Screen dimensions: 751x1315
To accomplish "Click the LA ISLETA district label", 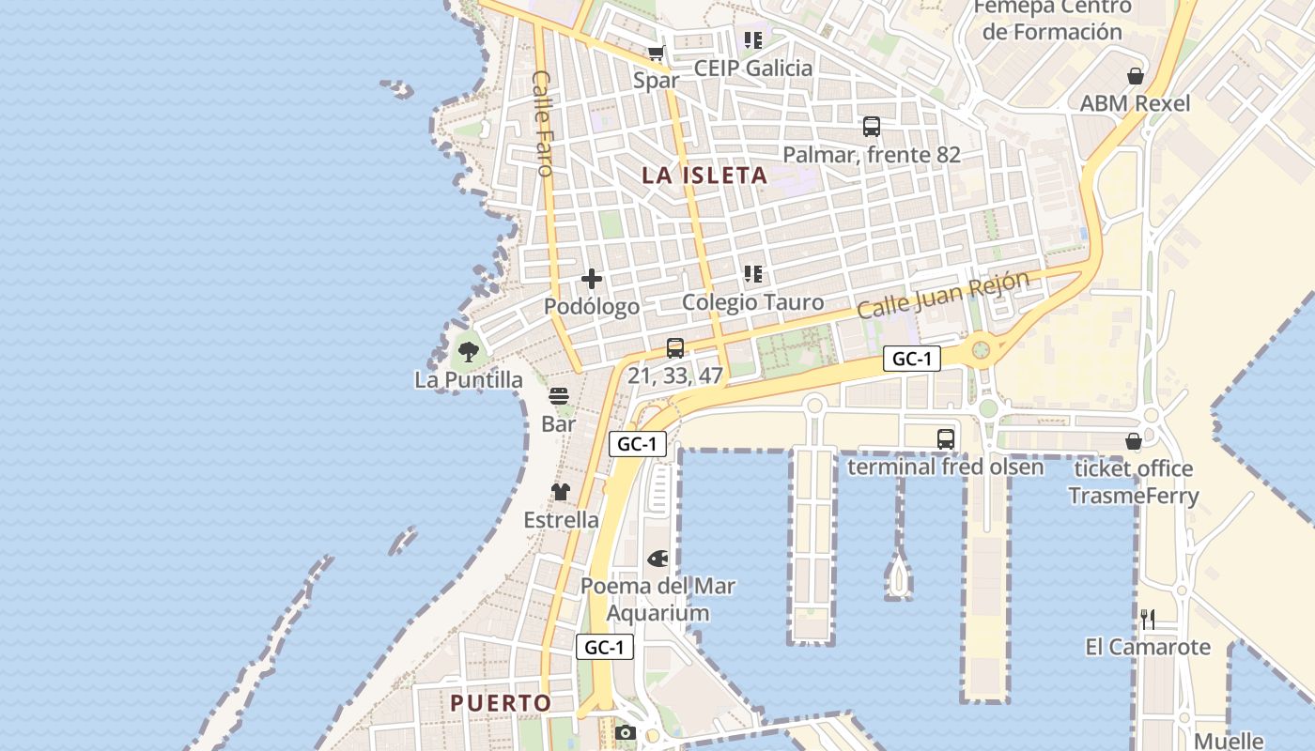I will coord(704,176).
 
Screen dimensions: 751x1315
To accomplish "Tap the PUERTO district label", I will coord(501,702).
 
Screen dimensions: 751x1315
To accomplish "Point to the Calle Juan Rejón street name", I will coord(943,295).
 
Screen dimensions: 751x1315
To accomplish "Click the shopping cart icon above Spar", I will coord(656,54).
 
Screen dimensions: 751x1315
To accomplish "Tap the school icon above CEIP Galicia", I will coord(752,40).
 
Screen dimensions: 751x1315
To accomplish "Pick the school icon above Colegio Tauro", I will coord(752,274).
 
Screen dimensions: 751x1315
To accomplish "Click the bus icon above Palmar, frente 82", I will coord(872,127).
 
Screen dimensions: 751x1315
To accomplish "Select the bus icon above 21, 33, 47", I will coord(674,348).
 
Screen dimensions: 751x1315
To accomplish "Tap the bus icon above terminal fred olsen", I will coord(945,438).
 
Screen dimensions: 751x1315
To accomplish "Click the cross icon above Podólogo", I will coord(592,279).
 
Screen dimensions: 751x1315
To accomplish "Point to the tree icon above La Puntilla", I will coord(468,352).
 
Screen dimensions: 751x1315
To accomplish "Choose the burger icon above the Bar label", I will coord(559,396).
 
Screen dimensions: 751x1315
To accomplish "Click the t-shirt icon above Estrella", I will coord(561,492).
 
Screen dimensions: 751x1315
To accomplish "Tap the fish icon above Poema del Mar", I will coord(657,559).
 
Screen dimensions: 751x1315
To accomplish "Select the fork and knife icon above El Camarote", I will coord(1147,619).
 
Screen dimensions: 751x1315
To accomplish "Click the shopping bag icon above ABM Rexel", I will coord(1136,76).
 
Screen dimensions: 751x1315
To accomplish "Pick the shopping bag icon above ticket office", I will coord(1134,441).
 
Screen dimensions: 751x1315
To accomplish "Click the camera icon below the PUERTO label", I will coord(625,732).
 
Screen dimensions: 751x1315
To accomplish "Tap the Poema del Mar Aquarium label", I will coord(657,599).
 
